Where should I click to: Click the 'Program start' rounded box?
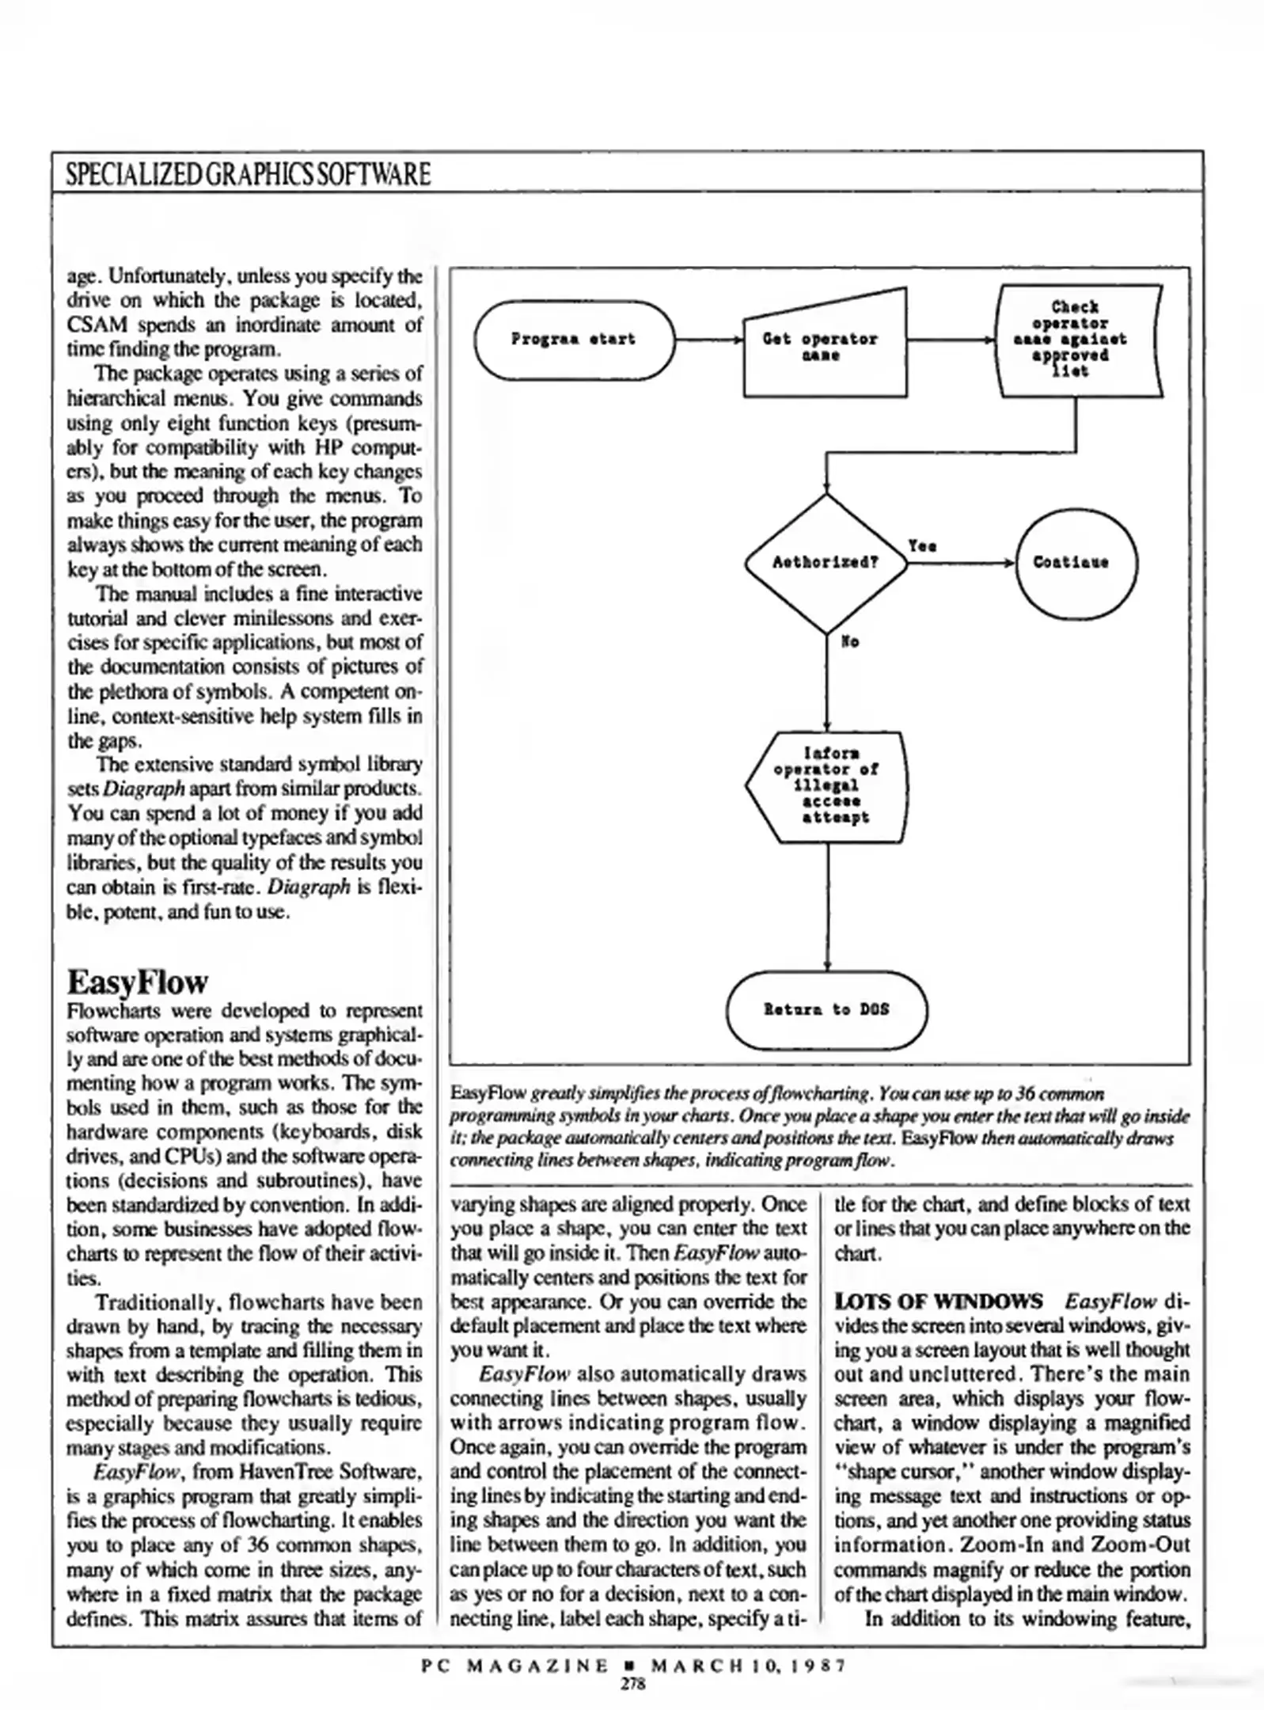pyautogui.click(x=574, y=340)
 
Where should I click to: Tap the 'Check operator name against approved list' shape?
pyautogui.click(x=1076, y=340)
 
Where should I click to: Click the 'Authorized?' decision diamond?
pyautogui.click(x=826, y=563)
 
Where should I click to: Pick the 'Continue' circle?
pyautogui.click(x=1076, y=563)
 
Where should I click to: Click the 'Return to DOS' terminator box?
pyautogui.click(x=826, y=1009)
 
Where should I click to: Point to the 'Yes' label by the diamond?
pyautogui.click(x=922, y=546)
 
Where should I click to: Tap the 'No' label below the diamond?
pyautogui.click(x=850, y=641)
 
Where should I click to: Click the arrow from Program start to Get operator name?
pyautogui.click(x=708, y=340)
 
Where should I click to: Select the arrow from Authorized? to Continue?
pyautogui.click(x=962, y=563)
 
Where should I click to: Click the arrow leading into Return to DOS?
pyautogui.click(x=827, y=910)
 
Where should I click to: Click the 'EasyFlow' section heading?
pyautogui.click(x=137, y=982)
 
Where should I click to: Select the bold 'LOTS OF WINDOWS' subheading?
pyautogui.click(x=939, y=1301)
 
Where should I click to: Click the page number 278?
pyautogui.click(x=632, y=1684)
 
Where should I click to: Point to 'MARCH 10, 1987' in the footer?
pyautogui.click(x=748, y=1666)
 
